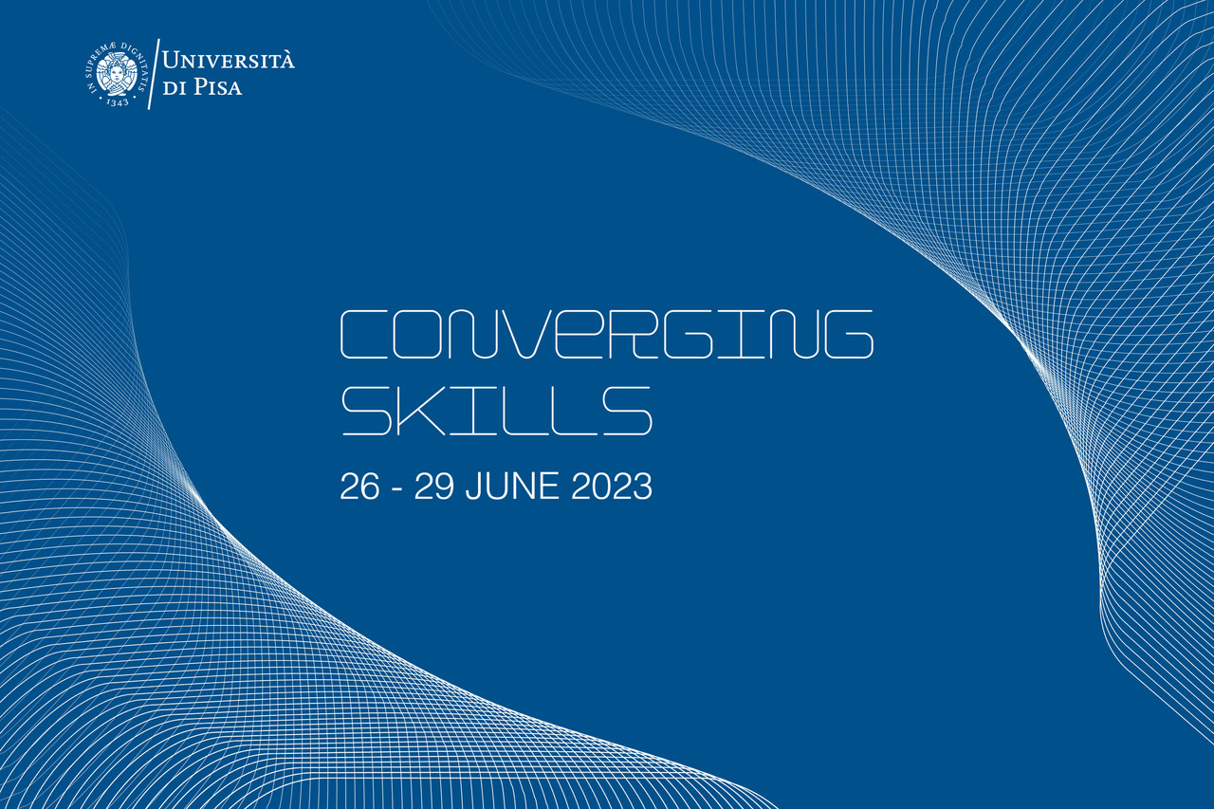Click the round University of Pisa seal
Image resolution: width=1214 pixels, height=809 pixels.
coord(116,74)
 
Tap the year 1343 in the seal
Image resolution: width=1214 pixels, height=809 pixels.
coord(117,101)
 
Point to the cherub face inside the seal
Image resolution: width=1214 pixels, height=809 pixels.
coord(116,73)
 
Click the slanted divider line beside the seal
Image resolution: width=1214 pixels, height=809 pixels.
coord(154,74)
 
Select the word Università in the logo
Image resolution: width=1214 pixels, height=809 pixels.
coord(229,60)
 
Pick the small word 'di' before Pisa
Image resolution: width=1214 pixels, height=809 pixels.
coord(175,88)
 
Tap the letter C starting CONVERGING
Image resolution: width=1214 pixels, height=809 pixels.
coord(362,335)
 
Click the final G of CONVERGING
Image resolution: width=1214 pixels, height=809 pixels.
coord(849,335)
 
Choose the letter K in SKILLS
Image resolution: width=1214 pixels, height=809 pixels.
coord(420,412)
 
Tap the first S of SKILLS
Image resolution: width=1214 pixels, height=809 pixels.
coord(366,412)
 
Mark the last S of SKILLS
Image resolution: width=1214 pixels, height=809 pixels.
coord(627,412)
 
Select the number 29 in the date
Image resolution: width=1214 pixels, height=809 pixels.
coord(433,486)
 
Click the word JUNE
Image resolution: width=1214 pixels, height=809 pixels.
coord(512,486)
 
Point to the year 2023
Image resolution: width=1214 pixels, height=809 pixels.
coord(612,486)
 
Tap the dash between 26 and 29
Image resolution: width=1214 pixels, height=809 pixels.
coord(396,489)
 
